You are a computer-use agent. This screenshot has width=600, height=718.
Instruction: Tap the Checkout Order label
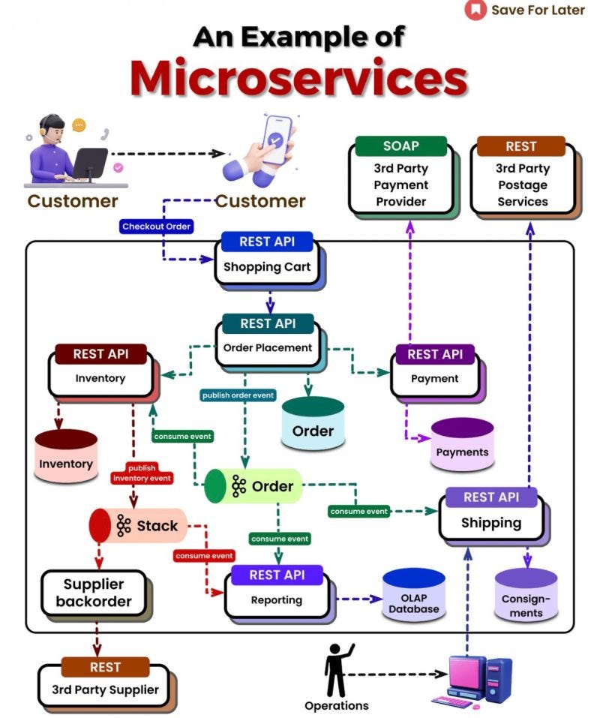click(x=157, y=226)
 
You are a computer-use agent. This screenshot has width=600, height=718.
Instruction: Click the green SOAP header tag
click(x=400, y=146)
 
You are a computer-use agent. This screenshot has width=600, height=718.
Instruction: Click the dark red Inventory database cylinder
click(x=66, y=456)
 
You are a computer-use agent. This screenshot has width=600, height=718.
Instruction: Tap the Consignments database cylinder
click(x=526, y=594)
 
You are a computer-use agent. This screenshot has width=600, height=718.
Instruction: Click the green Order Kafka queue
click(x=253, y=486)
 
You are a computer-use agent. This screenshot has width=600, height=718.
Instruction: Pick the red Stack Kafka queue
click(x=138, y=526)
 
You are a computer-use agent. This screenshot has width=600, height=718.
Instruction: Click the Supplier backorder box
click(x=93, y=592)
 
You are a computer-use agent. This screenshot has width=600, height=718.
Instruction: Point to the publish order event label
click(x=238, y=395)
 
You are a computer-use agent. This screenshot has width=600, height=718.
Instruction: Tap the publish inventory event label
click(x=142, y=473)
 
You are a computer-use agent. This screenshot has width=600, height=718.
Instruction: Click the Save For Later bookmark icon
click(x=475, y=10)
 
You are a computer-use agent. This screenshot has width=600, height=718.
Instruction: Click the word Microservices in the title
click(x=298, y=77)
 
